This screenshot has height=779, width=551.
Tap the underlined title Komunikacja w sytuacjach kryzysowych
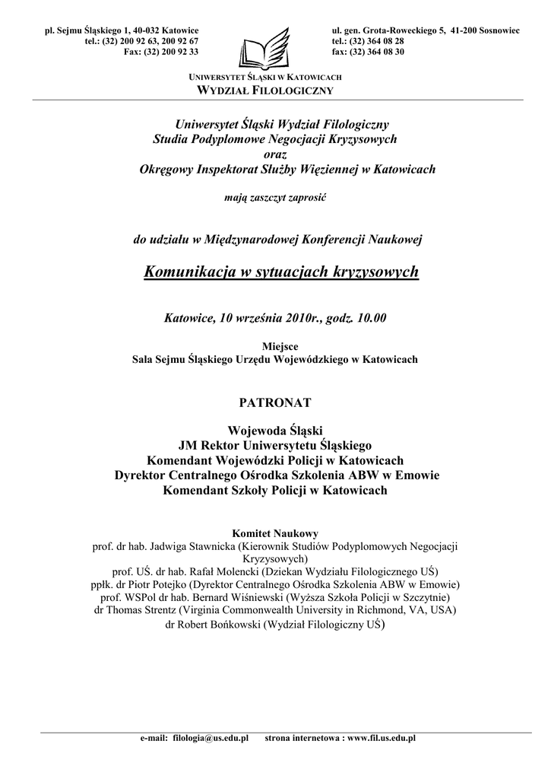coord(281,272)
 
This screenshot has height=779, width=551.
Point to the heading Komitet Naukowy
coord(274,533)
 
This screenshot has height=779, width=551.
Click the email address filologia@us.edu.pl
coord(211,738)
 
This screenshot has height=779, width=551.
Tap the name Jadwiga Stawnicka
coord(198,546)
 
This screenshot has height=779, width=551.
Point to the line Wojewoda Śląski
coord(274,431)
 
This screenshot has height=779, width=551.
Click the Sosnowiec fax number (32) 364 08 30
coord(378,51)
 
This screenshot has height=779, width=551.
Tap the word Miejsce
coord(274,345)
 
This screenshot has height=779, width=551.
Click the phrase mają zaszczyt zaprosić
coord(275,197)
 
